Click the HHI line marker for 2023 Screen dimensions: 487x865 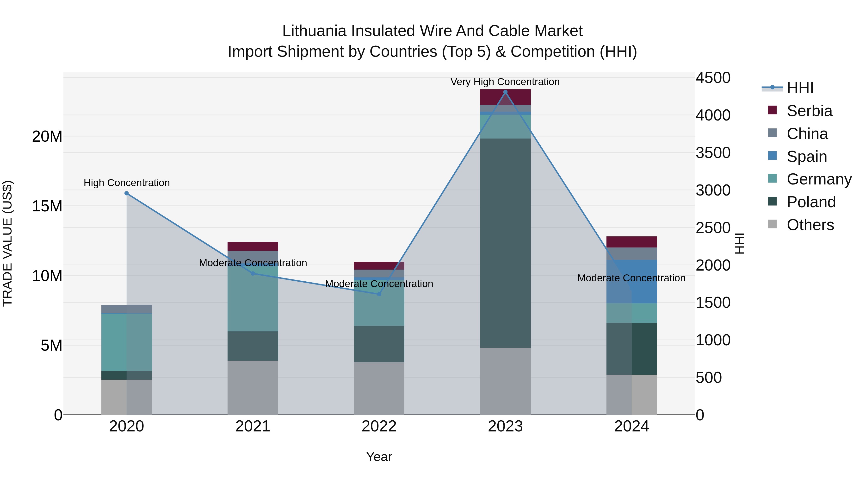(x=505, y=92)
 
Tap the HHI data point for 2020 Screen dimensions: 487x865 (x=127, y=193)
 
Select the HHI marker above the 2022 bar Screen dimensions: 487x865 (x=379, y=294)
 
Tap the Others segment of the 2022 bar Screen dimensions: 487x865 (x=379, y=388)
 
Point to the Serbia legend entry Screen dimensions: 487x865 (x=809, y=111)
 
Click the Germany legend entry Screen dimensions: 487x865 (x=819, y=179)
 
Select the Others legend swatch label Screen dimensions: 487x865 (x=810, y=225)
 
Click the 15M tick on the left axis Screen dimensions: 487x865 (x=47, y=206)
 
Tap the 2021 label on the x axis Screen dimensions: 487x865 (x=253, y=426)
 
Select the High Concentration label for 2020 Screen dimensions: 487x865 (x=127, y=183)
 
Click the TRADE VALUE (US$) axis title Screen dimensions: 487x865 (x=7, y=243)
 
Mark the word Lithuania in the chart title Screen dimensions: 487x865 (x=314, y=31)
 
